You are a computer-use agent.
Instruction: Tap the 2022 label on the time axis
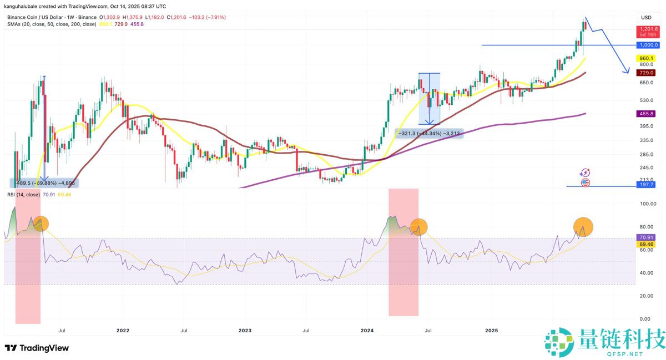(123, 331)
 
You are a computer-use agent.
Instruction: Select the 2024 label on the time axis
(367, 331)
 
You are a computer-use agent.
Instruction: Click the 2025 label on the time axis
(491, 331)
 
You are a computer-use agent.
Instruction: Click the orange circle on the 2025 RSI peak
(583, 226)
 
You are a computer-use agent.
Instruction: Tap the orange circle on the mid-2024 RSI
(419, 226)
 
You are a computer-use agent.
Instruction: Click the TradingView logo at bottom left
(37, 348)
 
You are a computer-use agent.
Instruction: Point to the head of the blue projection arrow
(628, 72)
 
